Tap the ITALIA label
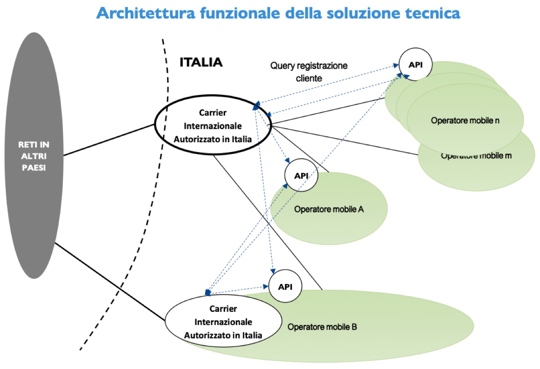click(x=201, y=63)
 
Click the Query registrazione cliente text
click(x=309, y=72)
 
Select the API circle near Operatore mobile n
click(x=415, y=64)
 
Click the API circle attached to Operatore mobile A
click(x=301, y=175)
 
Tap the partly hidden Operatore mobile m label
click(x=477, y=156)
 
